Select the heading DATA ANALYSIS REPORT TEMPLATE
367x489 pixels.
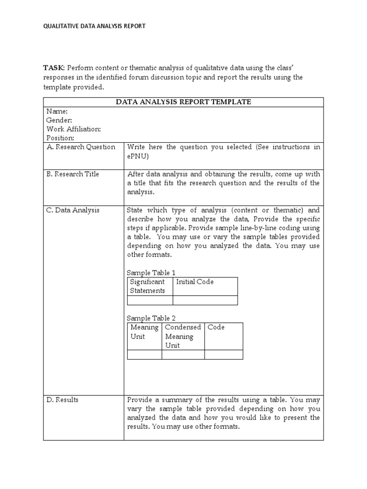pos(183,102)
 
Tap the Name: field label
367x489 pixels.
pos(57,111)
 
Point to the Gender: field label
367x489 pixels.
pos(59,120)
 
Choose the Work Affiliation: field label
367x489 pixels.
pos(74,129)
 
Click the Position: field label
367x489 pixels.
pos(60,138)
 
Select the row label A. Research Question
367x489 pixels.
pos(81,147)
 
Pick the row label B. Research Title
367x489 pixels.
pos(73,174)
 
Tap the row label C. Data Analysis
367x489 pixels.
pos(73,210)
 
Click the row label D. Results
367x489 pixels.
pos(63,400)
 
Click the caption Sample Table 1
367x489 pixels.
pos(151,273)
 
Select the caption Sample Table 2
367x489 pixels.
pos(151,318)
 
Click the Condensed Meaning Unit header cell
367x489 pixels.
pos(183,336)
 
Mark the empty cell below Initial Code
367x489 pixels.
pos(205,300)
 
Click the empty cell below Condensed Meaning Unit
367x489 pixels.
pos(183,355)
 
